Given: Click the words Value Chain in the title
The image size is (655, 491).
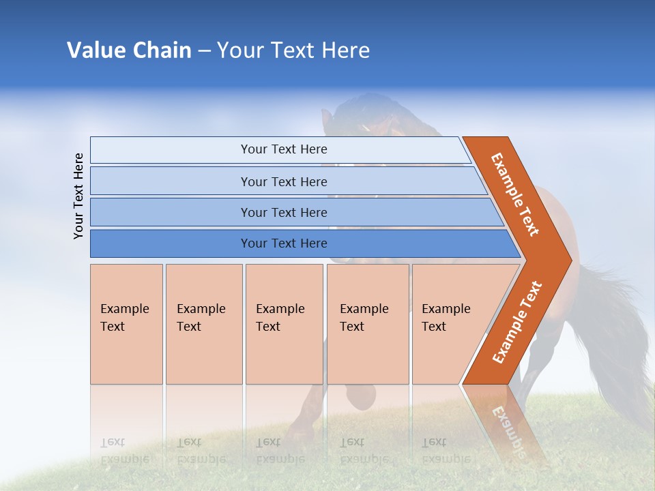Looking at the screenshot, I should pos(129,50).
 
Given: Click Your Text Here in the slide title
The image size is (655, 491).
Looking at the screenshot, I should pos(293,50).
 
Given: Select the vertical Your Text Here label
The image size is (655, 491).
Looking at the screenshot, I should pos(78,196).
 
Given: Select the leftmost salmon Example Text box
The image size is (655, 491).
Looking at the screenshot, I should pos(126,323).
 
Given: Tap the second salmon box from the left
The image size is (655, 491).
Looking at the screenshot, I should pos(203,323).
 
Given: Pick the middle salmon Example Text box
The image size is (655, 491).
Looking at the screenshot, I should pos(284,323).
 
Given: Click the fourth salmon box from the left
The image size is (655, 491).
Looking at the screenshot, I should pos(367,323).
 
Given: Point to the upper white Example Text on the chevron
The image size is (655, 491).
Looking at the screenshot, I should pos(516,194).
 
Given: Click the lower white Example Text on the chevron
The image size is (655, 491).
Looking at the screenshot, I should pos(517,322).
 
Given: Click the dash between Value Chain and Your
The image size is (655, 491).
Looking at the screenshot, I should pos(204,50).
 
